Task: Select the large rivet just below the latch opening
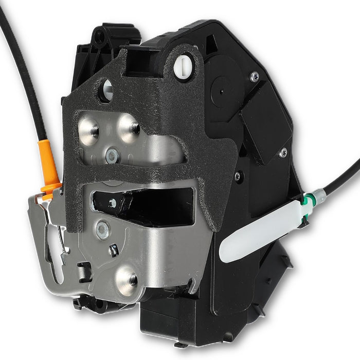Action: pos(103,229)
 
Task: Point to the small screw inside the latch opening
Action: pos(113,203)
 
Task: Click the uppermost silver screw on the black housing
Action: pos(255,77)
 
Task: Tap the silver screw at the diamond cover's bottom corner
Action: pos(282,153)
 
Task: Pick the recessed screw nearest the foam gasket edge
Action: pos(238,176)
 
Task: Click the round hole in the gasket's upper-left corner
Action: pos(106,90)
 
